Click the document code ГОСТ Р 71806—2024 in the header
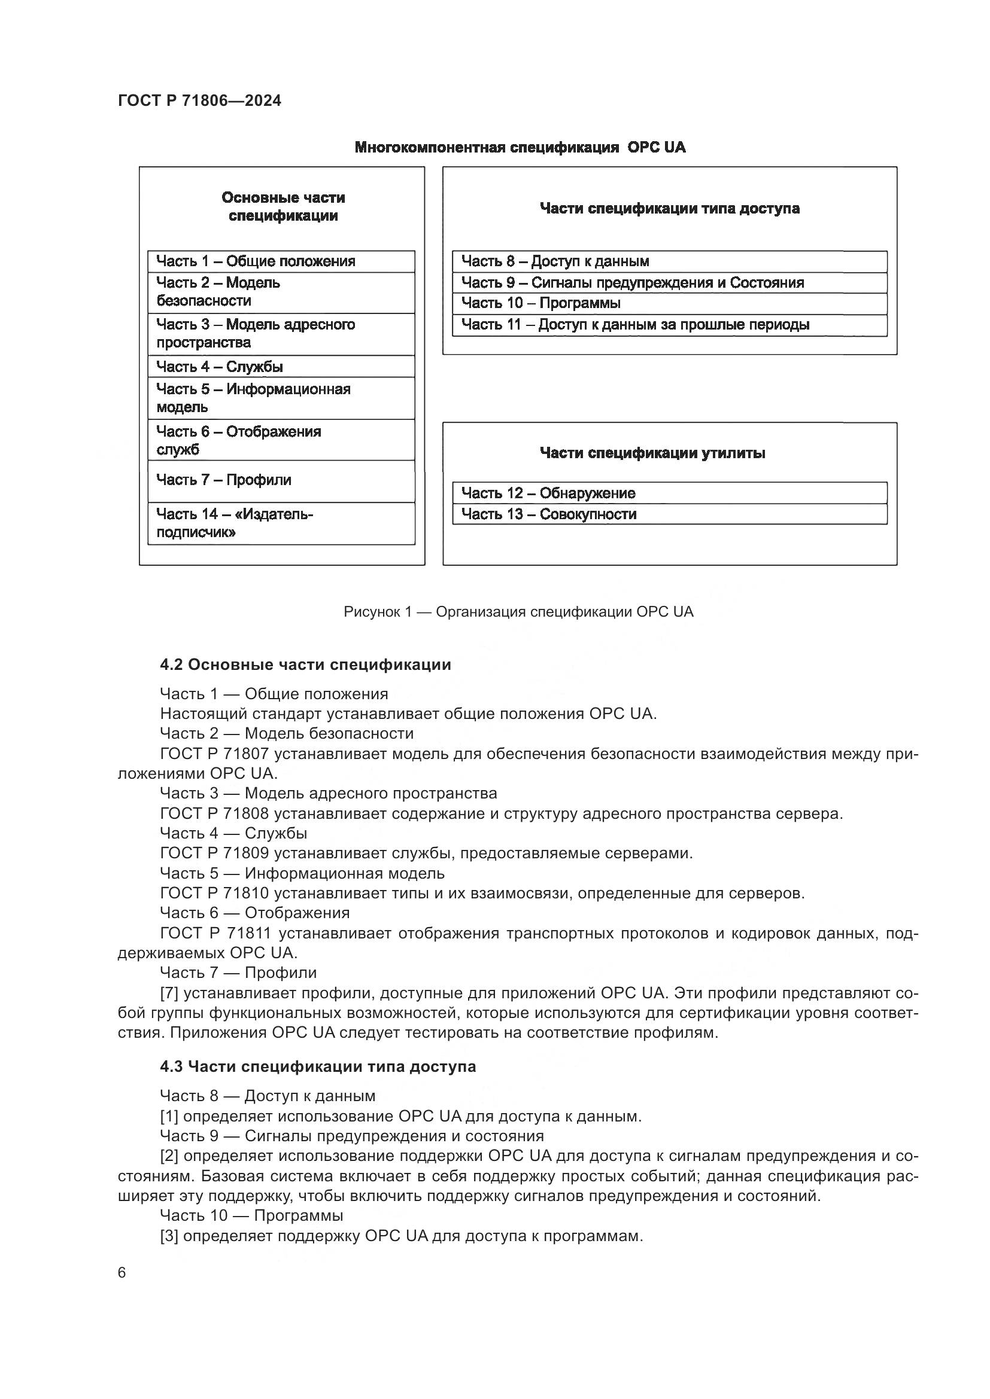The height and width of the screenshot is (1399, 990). point(199,100)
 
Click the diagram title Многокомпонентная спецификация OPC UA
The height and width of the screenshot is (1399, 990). point(520,148)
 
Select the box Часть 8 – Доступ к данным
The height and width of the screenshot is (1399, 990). point(669,261)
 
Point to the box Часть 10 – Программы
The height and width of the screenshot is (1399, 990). point(669,303)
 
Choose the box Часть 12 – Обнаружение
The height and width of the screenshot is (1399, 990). point(669,493)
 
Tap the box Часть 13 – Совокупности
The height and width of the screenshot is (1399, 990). point(669,514)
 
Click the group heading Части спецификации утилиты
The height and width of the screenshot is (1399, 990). point(652,453)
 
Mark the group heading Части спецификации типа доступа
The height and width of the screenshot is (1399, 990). point(669,208)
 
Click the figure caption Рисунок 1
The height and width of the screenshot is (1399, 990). point(518,611)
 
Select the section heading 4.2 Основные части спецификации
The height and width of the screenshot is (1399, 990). point(305,664)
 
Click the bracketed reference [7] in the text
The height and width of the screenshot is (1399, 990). point(169,993)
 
